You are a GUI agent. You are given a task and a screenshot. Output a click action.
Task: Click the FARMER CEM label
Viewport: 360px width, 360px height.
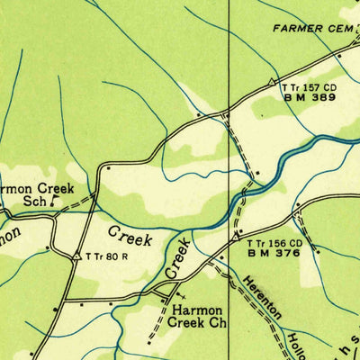pos(314,29)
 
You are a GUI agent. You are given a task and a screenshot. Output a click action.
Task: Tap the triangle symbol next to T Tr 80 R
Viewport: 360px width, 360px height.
pos(76,257)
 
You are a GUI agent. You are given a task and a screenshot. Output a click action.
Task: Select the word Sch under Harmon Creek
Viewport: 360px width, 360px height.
pos(33,203)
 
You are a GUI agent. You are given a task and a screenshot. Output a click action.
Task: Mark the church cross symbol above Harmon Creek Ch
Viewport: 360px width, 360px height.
pos(183,292)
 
